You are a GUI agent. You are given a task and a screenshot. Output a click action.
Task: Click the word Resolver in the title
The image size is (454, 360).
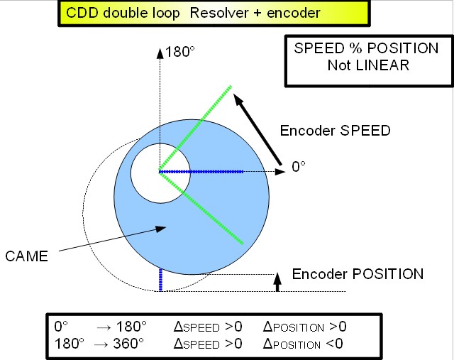[x=219, y=13]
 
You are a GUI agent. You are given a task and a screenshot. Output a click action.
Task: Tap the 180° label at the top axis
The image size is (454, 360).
[x=179, y=52]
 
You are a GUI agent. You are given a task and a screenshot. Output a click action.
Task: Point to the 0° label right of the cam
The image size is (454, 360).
[x=299, y=167]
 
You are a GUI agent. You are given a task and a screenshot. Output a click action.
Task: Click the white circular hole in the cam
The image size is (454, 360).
[x=160, y=173]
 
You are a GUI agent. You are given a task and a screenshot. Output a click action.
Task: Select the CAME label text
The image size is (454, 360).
[x=27, y=256]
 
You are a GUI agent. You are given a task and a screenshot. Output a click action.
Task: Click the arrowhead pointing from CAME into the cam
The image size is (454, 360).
[x=160, y=229]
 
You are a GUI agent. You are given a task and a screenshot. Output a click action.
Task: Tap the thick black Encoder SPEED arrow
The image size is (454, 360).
[x=257, y=129]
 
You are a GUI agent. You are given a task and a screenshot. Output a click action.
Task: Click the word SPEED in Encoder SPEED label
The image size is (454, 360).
[x=365, y=131]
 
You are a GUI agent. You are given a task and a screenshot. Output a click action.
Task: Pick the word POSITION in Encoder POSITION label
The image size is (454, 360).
[x=388, y=274]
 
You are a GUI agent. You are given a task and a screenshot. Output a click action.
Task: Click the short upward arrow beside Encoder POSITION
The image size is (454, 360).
[x=277, y=282]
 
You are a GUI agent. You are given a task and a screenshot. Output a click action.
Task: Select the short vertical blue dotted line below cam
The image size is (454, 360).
[x=161, y=280]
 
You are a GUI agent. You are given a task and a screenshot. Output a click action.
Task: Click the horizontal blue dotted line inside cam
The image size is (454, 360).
[x=201, y=172]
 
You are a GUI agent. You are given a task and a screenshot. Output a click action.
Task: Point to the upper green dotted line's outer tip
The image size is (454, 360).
[x=231, y=86]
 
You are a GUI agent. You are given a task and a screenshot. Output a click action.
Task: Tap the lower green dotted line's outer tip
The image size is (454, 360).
[x=243, y=244]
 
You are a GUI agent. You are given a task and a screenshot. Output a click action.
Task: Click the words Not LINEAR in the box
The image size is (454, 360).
[x=368, y=65]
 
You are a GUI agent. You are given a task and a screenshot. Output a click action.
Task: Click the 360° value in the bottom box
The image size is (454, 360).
[x=128, y=344]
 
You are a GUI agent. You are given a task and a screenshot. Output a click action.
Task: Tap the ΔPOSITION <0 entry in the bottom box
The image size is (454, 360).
[x=303, y=344]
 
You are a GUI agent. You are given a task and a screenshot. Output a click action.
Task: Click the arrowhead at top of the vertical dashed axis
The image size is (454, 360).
[x=160, y=54]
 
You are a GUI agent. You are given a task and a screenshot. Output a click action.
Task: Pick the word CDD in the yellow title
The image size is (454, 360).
[x=82, y=13]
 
